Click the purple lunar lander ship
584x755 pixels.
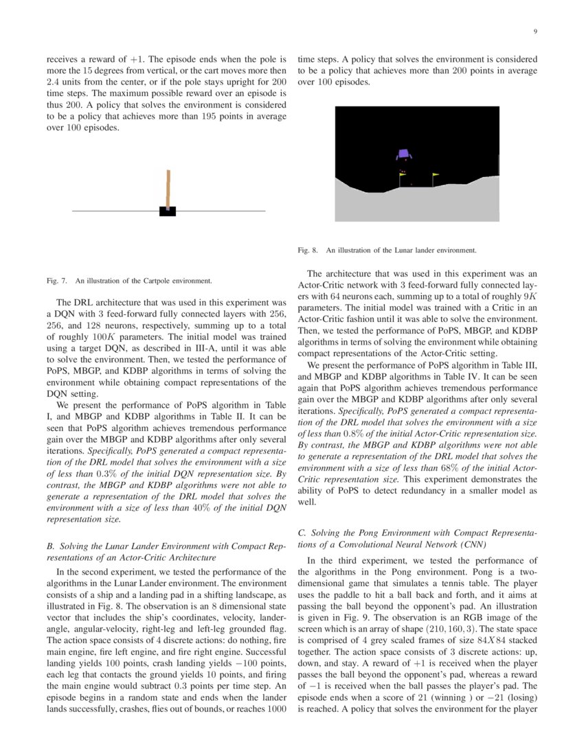(x=403, y=156)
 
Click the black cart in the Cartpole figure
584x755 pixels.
(x=168, y=211)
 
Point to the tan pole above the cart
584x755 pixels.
(x=166, y=187)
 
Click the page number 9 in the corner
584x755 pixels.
(x=535, y=32)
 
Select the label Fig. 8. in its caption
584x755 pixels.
(x=307, y=251)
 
